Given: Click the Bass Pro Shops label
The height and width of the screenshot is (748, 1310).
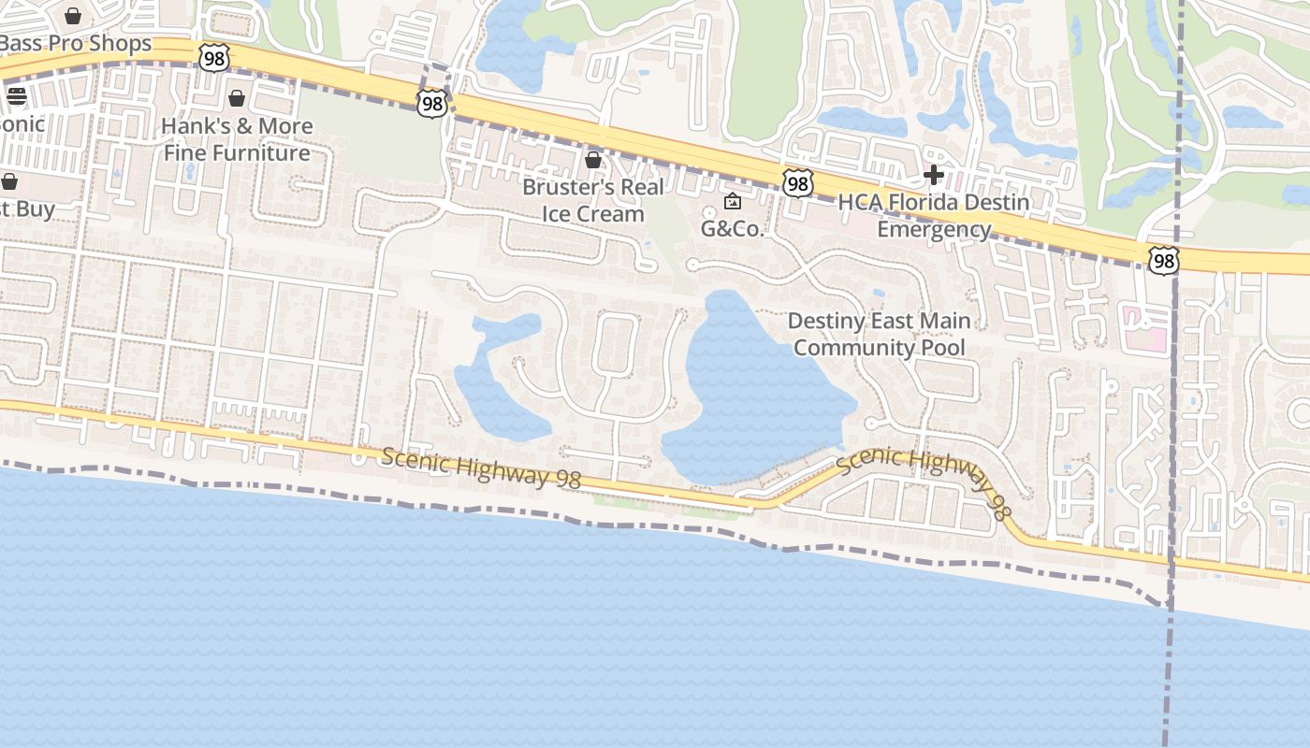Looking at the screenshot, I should click(x=75, y=44).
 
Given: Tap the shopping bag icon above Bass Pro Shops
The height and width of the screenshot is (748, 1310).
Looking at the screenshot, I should click(x=73, y=16).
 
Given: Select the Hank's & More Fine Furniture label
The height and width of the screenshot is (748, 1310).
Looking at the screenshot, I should click(x=237, y=139).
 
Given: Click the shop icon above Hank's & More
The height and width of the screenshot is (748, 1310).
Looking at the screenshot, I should click(x=237, y=98).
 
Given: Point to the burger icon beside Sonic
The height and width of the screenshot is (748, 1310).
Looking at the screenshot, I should click(x=16, y=96).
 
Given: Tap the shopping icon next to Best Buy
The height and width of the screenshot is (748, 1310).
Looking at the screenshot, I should click(x=9, y=181).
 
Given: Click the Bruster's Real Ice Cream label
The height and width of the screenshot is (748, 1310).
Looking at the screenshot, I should click(x=593, y=200).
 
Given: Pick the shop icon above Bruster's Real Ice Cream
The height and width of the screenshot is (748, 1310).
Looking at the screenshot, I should click(x=593, y=160).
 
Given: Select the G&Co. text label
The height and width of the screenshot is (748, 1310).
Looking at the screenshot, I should click(x=733, y=229).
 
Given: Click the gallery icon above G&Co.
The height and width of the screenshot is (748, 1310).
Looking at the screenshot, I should click(x=733, y=201).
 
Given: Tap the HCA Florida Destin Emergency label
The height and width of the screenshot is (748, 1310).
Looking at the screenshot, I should click(x=934, y=216).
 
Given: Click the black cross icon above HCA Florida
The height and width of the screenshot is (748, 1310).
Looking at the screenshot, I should click(x=933, y=175).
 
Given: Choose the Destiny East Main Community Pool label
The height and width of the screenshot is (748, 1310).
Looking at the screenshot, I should click(x=879, y=334).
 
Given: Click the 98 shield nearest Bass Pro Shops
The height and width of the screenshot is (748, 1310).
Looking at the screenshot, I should click(x=214, y=58).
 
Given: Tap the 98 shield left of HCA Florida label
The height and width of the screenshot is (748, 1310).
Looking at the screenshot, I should click(x=797, y=183).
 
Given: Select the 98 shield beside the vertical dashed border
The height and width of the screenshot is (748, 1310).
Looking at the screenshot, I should click(x=1163, y=261).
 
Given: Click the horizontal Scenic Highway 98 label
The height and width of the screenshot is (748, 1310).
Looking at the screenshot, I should click(x=481, y=467).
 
